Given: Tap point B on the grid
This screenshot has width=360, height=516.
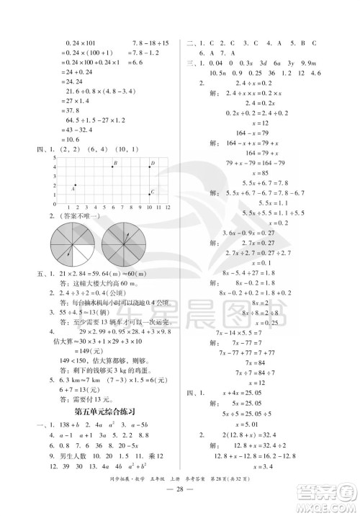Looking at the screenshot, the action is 113,165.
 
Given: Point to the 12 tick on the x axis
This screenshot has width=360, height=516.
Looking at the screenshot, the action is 167,207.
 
